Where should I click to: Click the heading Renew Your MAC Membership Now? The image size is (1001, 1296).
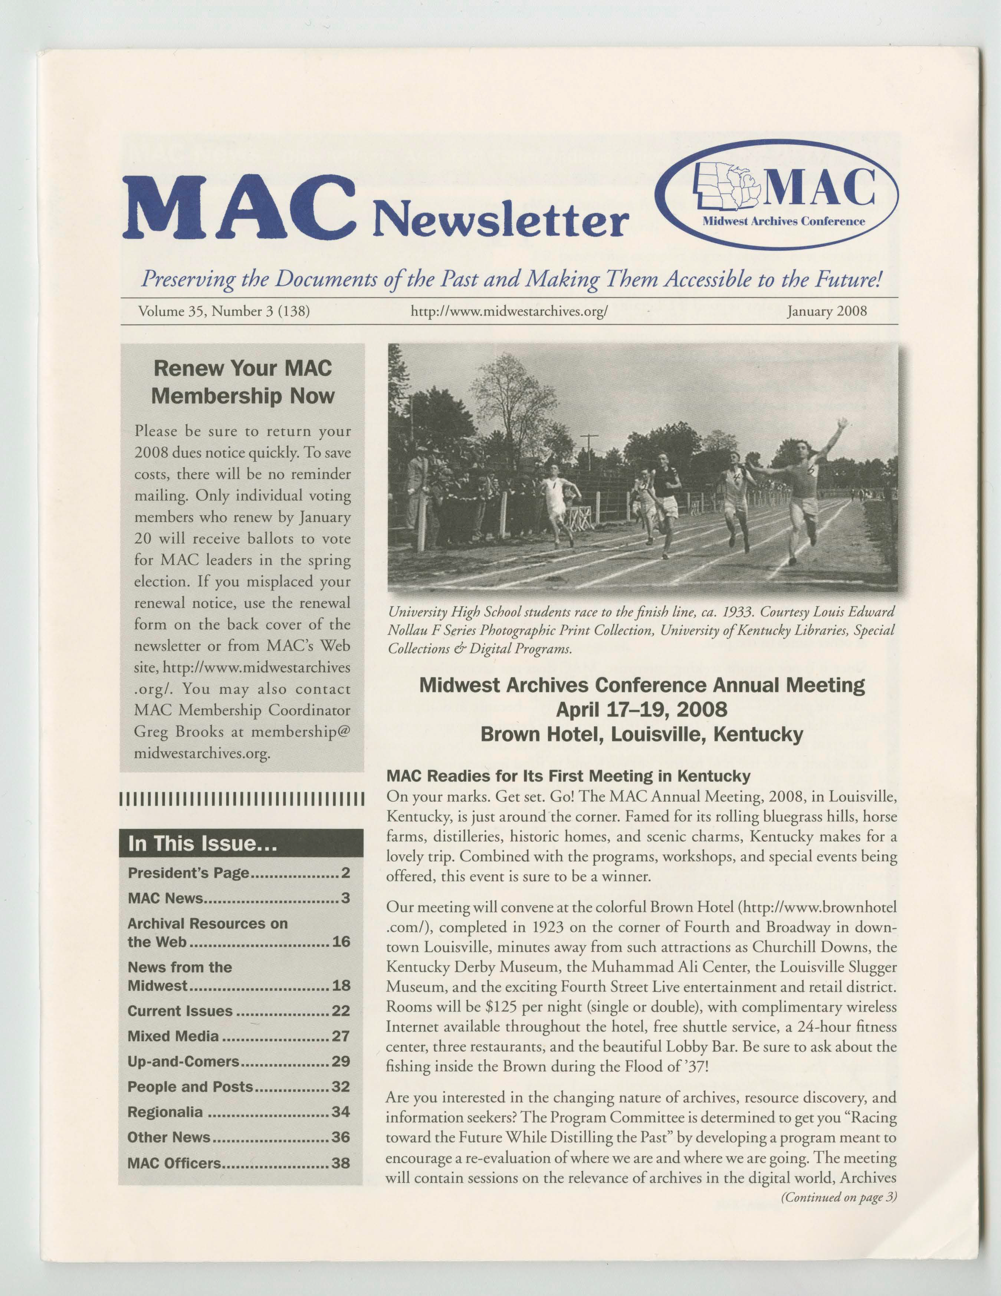click(242, 382)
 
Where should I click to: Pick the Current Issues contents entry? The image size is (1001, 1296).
click(180, 1010)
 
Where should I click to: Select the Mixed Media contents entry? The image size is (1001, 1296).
click(173, 1036)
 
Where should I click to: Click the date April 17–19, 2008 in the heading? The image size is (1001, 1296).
click(641, 709)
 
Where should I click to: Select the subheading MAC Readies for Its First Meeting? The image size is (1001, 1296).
click(568, 776)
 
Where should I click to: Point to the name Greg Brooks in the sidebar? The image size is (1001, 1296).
click(177, 732)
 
